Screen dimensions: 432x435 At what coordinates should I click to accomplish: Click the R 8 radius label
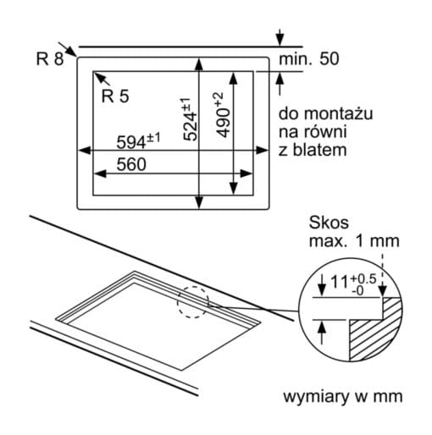(50, 58)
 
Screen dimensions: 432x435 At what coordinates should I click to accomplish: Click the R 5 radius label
(115, 96)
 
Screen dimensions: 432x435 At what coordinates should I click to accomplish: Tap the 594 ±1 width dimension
(138, 140)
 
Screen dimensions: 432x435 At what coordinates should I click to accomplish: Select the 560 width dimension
(131, 164)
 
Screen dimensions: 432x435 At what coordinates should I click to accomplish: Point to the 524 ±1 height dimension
(190, 119)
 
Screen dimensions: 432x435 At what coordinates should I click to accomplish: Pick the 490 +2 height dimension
(223, 115)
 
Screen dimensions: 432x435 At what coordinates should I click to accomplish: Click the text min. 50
(309, 59)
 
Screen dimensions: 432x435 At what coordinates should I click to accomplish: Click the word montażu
(339, 114)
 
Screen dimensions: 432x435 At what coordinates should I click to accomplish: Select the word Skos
(329, 223)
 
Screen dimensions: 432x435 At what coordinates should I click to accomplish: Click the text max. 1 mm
(354, 241)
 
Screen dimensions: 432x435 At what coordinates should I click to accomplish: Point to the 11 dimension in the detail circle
(339, 281)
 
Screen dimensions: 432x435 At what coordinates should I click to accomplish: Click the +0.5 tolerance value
(363, 279)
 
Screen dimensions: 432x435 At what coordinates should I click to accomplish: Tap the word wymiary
(316, 397)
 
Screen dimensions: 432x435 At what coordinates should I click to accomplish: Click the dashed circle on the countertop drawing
(193, 302)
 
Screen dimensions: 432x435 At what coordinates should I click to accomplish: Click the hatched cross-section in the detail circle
(374, 330)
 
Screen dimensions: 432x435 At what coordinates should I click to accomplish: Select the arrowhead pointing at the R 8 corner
(72, 53)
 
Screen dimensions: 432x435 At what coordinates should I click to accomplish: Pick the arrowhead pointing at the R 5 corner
(98, 76)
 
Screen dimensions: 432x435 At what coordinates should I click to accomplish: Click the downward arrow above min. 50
(280, 37)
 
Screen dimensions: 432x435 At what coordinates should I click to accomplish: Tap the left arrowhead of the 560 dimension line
(100, 173)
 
